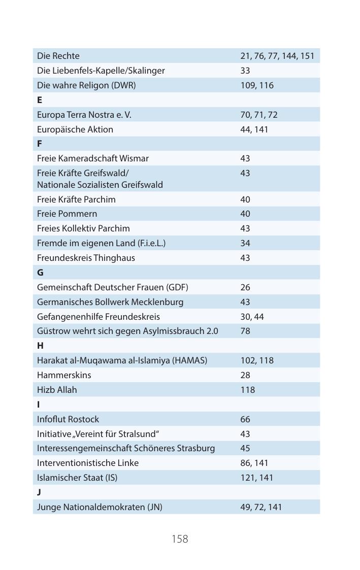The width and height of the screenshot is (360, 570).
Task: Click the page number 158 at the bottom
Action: [180, 539]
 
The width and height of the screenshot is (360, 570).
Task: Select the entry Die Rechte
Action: [58, 56]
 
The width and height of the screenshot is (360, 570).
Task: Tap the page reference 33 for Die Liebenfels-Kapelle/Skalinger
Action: [245, 71]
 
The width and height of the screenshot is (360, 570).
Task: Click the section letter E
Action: [40, 100]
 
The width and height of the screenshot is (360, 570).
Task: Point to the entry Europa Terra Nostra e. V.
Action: [84, 115]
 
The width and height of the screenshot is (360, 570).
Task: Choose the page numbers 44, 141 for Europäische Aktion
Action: [254, 129]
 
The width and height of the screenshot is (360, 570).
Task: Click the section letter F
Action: [40, 144]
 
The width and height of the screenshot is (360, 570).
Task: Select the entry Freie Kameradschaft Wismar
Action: [93, 158]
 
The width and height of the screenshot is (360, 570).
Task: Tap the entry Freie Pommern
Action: [67, 214]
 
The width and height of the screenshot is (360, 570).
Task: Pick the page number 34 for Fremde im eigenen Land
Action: [245, 243]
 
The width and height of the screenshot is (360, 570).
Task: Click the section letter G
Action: [40, 273]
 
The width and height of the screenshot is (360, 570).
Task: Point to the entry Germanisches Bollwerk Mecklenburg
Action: [110, 302]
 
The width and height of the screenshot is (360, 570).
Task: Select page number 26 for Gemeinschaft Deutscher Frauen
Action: [245, 287]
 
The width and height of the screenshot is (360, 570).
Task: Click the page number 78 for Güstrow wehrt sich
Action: [245, 331]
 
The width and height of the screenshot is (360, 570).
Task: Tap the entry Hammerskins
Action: [64, 375]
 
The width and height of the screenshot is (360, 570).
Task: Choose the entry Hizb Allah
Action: [57, 390]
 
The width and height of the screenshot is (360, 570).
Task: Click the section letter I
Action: [39, 405]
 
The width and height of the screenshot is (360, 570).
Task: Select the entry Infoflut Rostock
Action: [68, 419]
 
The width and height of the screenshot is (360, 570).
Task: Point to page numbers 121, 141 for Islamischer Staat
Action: [256, 478]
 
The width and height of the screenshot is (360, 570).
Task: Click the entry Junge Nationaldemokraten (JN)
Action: [100, 507]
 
